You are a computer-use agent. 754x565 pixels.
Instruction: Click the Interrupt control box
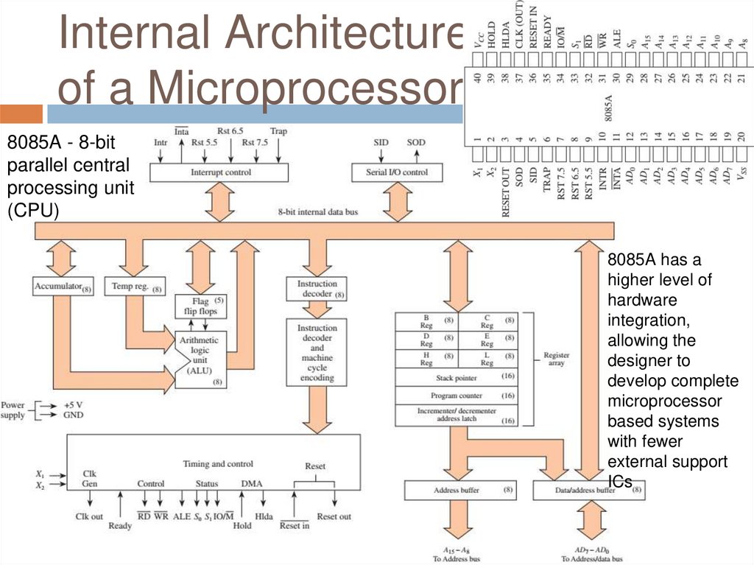[211, 172]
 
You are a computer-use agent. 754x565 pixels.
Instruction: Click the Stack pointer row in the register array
[457, 378]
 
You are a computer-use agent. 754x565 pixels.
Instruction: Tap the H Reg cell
[426, 359]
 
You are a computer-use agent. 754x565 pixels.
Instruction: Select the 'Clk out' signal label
[90, 517]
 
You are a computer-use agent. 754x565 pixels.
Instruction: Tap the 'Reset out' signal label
[334, 517]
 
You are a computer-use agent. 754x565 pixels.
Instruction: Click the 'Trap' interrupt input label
[278, 132]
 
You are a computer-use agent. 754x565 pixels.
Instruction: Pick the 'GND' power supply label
[73, 415]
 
